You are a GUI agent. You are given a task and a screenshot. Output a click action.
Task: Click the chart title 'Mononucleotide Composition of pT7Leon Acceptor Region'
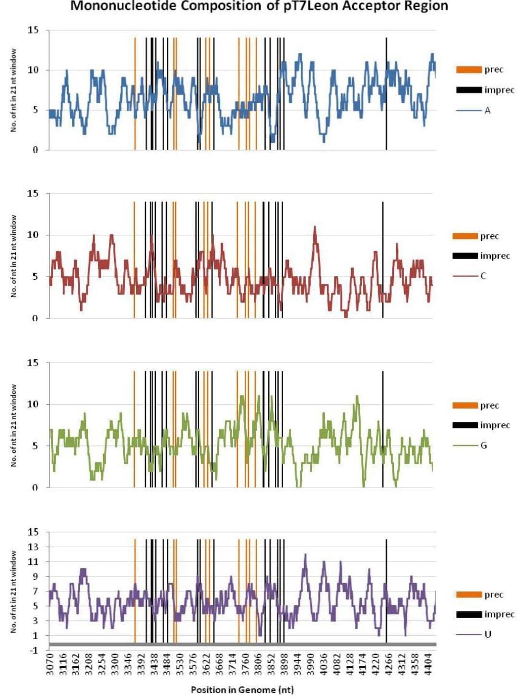(259, 6)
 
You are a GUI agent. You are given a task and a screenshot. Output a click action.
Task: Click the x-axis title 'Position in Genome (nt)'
(242, 689)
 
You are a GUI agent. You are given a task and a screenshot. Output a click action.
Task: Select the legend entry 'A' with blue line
(487, 111)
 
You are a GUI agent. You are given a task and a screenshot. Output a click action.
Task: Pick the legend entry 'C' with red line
(483, 276)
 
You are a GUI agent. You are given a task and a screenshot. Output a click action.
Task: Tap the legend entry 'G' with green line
(483, 446)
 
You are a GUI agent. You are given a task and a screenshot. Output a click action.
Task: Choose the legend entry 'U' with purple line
(487, 634)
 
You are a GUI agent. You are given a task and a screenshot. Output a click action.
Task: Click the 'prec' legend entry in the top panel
(493, 69)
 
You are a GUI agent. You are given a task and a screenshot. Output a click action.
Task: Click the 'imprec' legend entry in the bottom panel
(499, 614)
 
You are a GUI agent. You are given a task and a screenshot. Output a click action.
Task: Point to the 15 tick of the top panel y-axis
(33, 30)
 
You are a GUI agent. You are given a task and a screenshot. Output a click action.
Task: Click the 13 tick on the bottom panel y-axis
(33, 547)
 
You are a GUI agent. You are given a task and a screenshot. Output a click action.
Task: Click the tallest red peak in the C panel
(315, 228)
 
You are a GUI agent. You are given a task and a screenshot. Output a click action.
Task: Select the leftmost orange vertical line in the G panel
(134, 429)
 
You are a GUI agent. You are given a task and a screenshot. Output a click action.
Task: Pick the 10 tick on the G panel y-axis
(33, 404)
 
